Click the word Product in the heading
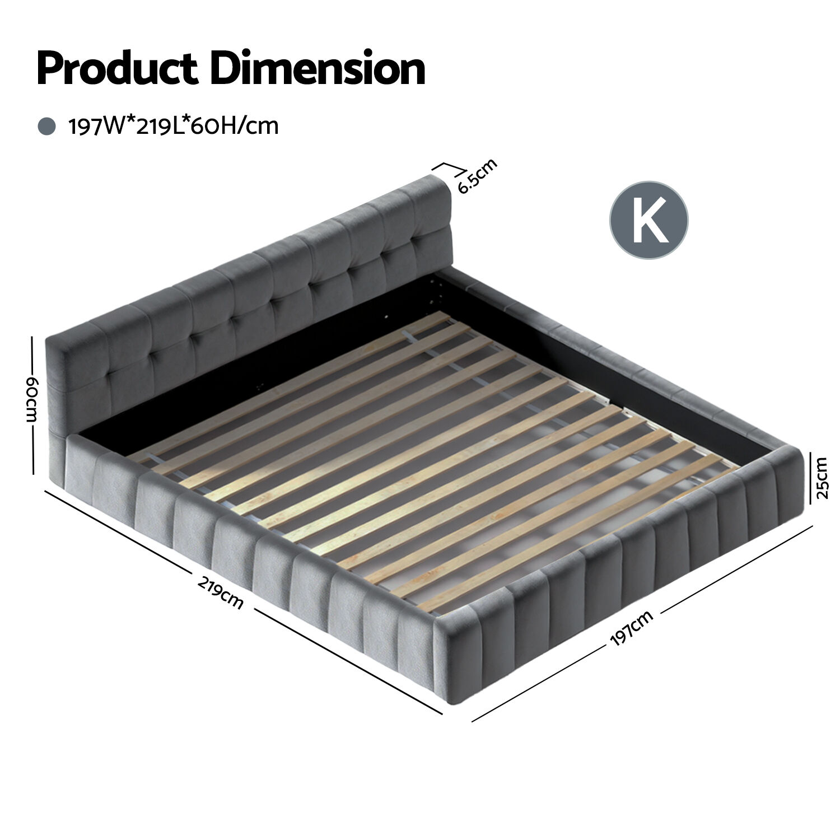(x=117, y=68)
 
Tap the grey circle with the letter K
(x=648, y=220)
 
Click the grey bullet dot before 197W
(x=46, y=126)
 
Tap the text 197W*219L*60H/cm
(x=173, y=126)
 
